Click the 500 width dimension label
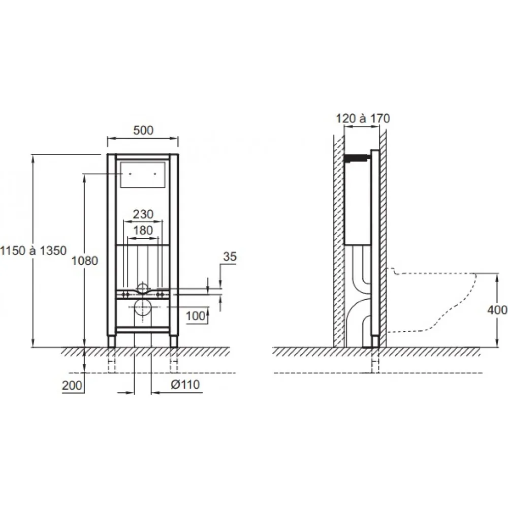(143, 130)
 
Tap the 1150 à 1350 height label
(34, 250)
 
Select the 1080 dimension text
(84, 261)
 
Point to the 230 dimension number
(143, 214)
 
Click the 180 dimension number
(143, 230)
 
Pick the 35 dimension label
(230, 257)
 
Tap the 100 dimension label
(196, 315)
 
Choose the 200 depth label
(72, 386)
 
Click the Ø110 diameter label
(185, 385)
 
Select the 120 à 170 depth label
(363, 118)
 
